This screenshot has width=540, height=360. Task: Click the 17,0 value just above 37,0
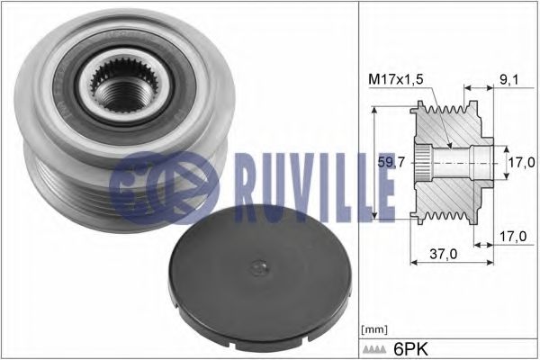[512, 235]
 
